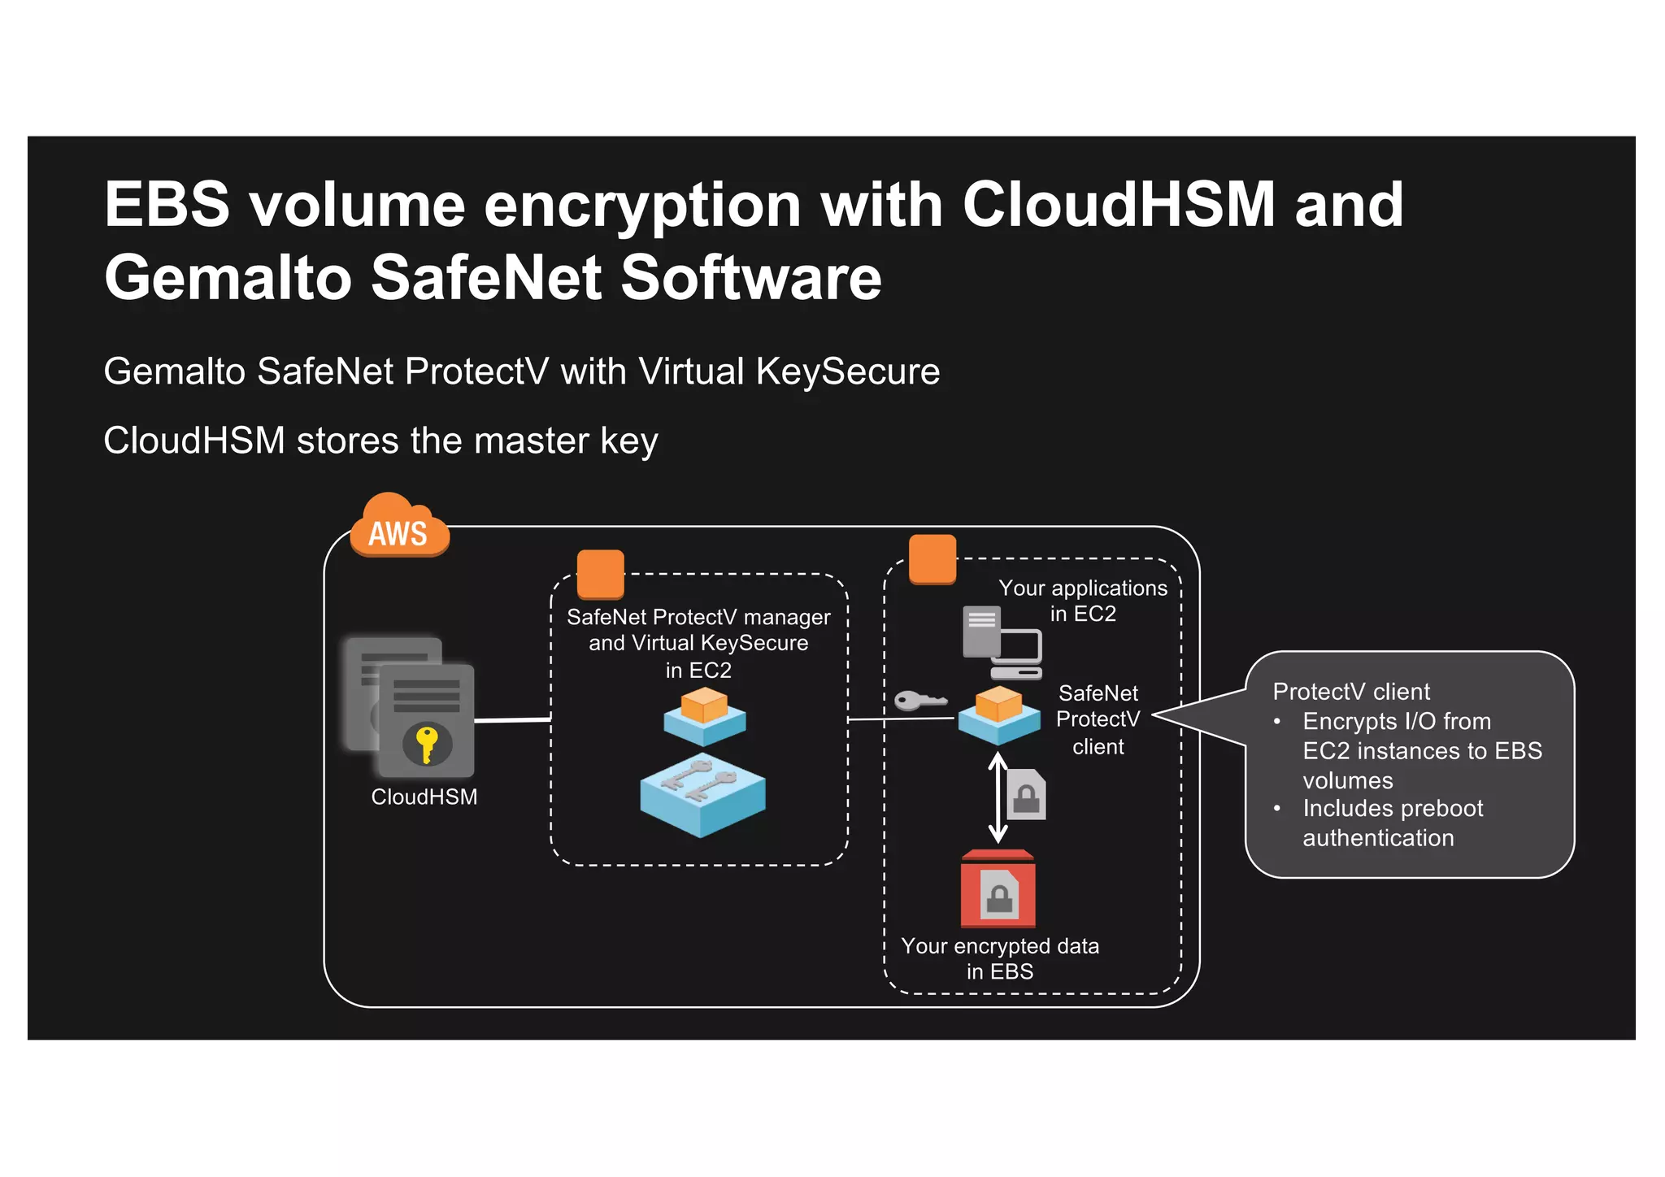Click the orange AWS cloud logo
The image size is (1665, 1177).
[398, 528]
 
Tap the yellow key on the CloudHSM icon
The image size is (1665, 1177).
[426, 743]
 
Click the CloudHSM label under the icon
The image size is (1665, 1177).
[424, 797]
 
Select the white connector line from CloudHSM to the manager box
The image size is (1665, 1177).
[512, 719]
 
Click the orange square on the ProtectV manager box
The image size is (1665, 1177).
[600, 574]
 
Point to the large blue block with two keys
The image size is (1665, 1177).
[702, 794]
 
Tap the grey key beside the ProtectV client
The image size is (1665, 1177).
[919, 700]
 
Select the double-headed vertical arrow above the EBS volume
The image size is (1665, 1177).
[998, 797]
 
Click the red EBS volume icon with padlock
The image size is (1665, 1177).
[998, 889]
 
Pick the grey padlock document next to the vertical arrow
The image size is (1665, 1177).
[1027, 794]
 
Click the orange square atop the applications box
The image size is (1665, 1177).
[932, 558]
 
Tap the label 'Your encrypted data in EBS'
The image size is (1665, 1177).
[999, 958]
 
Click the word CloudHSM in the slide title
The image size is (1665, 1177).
[1119, 204]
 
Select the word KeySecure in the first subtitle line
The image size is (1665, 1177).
[847, 371]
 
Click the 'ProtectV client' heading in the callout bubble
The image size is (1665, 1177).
[1350, 692]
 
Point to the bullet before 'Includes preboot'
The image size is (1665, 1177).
[1277, 808]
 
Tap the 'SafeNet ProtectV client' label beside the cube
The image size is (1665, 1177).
[1098, 719]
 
